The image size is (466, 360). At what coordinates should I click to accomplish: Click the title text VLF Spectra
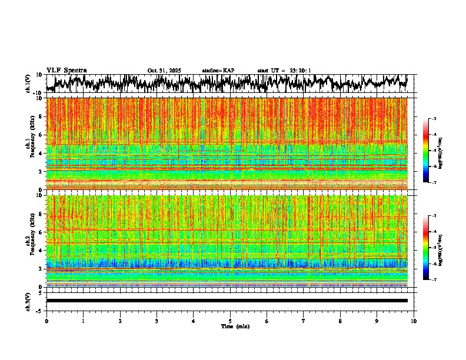(x=66, y=70)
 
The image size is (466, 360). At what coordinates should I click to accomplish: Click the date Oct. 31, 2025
(x=164, y=71)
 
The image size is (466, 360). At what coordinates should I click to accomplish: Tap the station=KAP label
(x=218, y=71)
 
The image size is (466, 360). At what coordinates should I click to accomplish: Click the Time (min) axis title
(x=235, y=326)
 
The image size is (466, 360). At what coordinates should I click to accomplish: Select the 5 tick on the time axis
(x=230, y=321)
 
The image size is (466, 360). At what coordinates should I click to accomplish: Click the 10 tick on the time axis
(x=414, y=321)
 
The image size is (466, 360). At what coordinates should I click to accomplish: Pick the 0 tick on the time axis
(x=46, y=321)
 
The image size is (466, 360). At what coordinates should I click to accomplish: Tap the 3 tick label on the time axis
(x=157, y=321)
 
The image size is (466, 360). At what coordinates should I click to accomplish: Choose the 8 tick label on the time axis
(x=340, y=321)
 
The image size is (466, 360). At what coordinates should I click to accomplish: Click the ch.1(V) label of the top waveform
(x=28, y=84)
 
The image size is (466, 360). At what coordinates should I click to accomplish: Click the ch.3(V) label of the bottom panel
(x=28, y=301)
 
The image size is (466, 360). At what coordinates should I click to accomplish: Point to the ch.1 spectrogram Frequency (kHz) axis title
(x=32, y=144)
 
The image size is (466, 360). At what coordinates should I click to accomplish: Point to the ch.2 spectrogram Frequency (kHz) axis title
(x=32, y=241)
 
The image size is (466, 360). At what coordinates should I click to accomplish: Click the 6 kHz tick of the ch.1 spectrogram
(x=42, y=135)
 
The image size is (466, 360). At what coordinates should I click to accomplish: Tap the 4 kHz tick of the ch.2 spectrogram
(x=42, y=250)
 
